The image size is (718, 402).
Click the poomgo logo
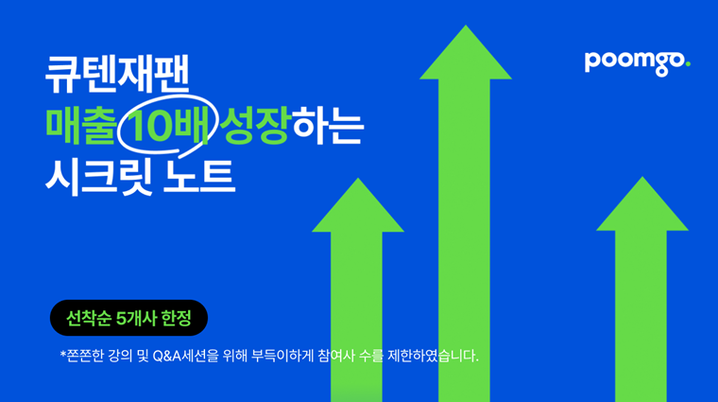(x=637, y=63)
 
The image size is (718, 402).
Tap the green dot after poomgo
(x=688, y=64)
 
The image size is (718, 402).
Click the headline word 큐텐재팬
(x=117, y=75)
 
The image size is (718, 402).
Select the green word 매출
(x=80, y=125)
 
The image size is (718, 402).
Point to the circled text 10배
(x=166, y=126)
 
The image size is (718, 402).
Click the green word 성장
(x=255, y=125)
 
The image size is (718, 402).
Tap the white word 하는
(x=328, y=125)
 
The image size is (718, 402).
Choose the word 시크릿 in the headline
(x=99, y=178)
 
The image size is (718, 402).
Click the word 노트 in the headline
(x=199, y=177)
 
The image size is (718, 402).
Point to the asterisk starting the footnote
(x=63, y=354)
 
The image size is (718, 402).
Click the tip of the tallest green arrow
(x=466, y=26)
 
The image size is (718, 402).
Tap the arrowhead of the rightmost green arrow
(x=642, y=203)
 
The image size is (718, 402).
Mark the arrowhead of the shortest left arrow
(x=358, y=205)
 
